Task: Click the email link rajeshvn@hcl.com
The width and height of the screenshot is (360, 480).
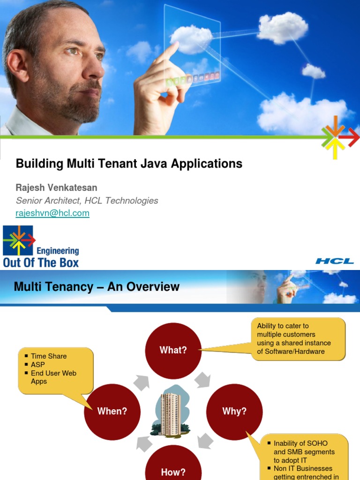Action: pyautogui.click(x=52, y=213)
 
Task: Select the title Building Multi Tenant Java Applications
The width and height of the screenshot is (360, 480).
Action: pyautogui.click(x=129, y=164)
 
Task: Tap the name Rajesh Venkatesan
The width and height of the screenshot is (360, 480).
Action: pyautogui.click(x=57, y=188)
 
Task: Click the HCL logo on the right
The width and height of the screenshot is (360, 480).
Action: pyautogui.click(x=334, y=261)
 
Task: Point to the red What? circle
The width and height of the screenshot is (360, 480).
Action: pyautogui.click(x=173, y=350)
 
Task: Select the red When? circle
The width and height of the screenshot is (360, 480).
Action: pyautogui.click(x=112, y=411)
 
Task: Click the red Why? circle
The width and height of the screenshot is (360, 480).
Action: pyautogui.click(x=234, y=411)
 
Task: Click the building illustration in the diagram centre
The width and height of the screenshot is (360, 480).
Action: pyautogui.click(x=171, y=411)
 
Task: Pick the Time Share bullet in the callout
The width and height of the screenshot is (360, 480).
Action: pyautogui.click(x=49, y=356)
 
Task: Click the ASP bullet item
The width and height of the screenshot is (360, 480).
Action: pyautogui.click(x=38, y=365)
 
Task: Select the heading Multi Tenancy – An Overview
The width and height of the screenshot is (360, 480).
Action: pyautogui.click(x=97, y=287)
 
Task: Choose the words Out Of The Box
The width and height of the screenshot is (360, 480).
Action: pyautogui.click(x=41, y=262)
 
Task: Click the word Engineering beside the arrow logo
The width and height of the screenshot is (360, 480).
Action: pyautogui.click(x=58, y=251)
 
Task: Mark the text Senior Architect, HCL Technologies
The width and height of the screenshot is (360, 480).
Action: pyautogui.click(x=87, y=201)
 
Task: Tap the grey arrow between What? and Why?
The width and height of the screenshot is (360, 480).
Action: pyautogui.click(x=202, y=380)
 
